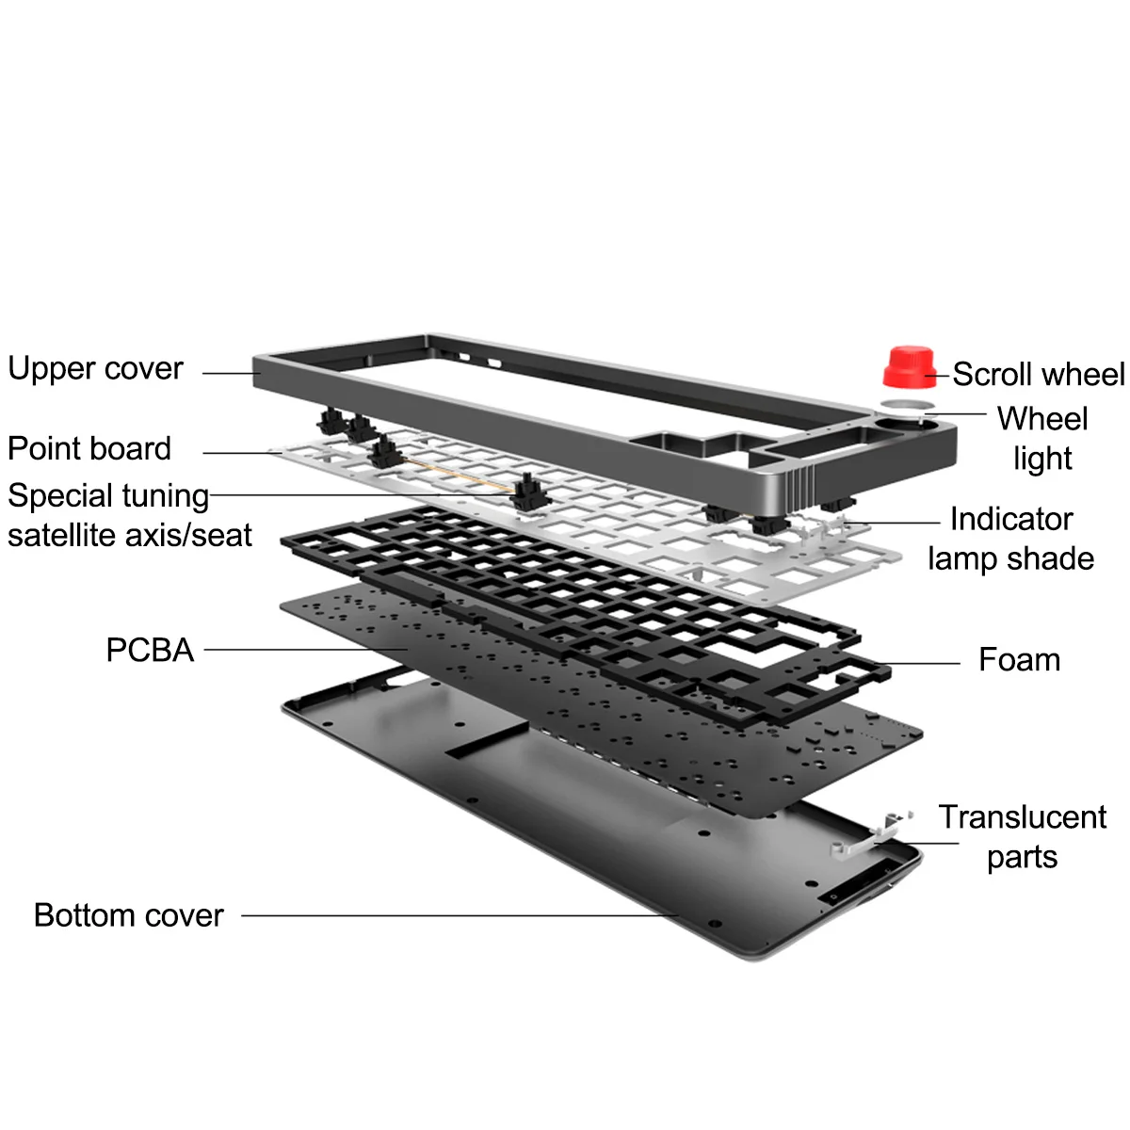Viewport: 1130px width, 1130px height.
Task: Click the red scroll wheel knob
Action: [x=909, y=366]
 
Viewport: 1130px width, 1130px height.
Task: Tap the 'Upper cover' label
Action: [x=95, y=368]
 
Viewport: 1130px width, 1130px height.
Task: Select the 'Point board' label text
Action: [x=89, y=448]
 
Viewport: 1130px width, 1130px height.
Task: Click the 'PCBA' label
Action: [x=150, y=650]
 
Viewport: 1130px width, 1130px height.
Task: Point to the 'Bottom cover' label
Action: [x=128, y=915]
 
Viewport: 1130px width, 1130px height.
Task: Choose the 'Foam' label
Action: [x=1019, y=659]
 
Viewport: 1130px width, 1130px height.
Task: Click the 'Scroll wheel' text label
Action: [x=1038, y=374]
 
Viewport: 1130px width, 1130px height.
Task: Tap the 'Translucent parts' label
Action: [x=1022, y=836]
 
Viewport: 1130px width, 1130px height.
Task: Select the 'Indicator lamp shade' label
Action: [x=1010, y=538]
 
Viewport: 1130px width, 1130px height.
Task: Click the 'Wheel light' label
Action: [x=1041, y=438]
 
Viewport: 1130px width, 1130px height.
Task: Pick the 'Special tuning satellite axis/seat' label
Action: [x=129, y=515]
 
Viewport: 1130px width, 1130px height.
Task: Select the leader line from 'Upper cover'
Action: [x=232, y=373]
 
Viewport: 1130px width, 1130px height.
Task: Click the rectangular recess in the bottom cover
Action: [x=486, y=740]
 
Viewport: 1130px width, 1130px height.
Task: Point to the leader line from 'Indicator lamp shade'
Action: [x=895, y=523]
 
